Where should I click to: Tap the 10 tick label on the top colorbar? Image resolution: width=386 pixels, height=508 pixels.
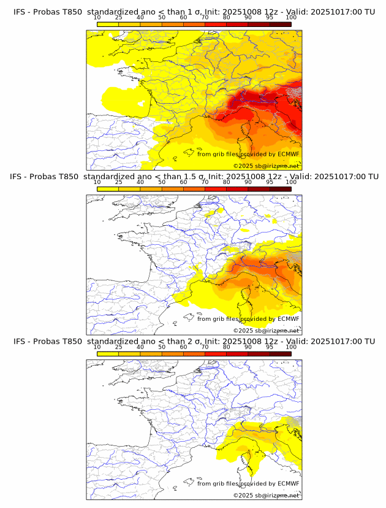tap(97, 18)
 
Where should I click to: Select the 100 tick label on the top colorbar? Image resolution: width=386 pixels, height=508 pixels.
tap(291, 18)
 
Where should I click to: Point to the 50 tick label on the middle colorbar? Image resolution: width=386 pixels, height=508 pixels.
tap(162, 182)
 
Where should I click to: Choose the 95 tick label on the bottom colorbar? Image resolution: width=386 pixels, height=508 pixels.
tap(270, 347)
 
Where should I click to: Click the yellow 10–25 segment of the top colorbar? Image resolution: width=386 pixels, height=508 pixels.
tap(108, 24)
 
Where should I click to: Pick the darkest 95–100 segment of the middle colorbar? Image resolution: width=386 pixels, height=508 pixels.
tap(280, 188)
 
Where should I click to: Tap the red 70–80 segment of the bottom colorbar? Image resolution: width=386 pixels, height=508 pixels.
tap(216, 353)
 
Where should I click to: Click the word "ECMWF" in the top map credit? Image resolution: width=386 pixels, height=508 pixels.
tap(289, 155)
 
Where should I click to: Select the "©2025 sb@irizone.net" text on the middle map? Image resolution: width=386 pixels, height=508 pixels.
tap(266, 331)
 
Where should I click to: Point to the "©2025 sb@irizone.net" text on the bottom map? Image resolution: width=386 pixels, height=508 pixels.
tap(266, 495)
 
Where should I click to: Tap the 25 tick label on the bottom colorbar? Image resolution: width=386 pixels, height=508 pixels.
tap(119, 347)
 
